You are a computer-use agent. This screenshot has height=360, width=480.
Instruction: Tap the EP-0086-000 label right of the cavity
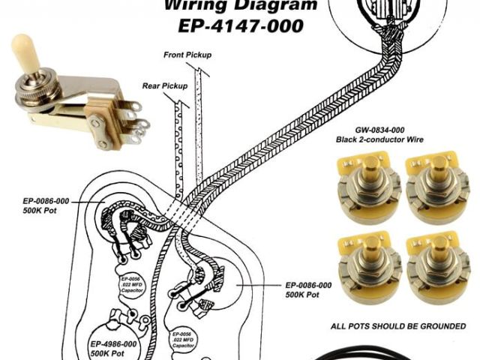308,290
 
